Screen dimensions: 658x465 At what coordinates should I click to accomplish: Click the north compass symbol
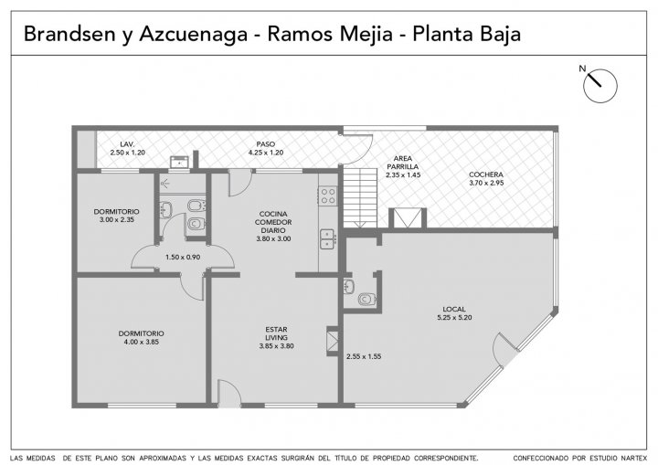pyautogui.click(x=600, y=86)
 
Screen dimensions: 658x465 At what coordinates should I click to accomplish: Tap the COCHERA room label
pyautogui.click(x=486, y=178)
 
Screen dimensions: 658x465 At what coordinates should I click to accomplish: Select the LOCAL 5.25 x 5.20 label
pyautogui.click(x=454, y=313)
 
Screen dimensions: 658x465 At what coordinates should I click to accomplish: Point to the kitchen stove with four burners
pyautogui.click(x=328, y=196)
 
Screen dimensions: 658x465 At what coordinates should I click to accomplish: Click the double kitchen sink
pyautogui.click(x=328, y=238)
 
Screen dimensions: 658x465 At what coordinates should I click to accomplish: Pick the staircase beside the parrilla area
pyautogui.click(x=361, y=198)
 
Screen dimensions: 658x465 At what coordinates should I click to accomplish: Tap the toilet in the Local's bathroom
pyautogui.click(x=366, y=300)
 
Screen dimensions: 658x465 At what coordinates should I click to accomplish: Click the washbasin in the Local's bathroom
pyautogui.click(x=349, y=287)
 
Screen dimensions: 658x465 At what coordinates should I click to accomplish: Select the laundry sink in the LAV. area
pyautogui.click(x=181, y=162)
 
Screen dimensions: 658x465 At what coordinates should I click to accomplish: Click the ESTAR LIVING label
pyautogui.click(x=277, y=338)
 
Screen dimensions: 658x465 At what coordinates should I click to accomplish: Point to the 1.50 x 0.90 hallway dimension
pyautogui.click(x=183, y=257)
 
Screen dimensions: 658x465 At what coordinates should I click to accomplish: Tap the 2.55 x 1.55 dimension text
pyautogui.click(x=364, y=356)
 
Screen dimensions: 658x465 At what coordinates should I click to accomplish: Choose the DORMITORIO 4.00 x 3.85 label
pyautogui.click(x=142, y=337)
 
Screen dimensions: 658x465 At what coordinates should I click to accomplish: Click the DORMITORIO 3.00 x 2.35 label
pyautogui.click(x=117, y=216)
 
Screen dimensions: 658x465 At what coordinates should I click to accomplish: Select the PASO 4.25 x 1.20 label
pyautogui.click(x=266, y=148)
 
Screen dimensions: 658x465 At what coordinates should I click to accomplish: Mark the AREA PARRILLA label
pyautogui.click(x=403, y=166)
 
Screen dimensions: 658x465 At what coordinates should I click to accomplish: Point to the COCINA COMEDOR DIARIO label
pyautogui.click(x=273, y=227)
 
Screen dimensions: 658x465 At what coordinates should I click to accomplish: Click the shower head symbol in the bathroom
pyautogui.click(x=165, y=183)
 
